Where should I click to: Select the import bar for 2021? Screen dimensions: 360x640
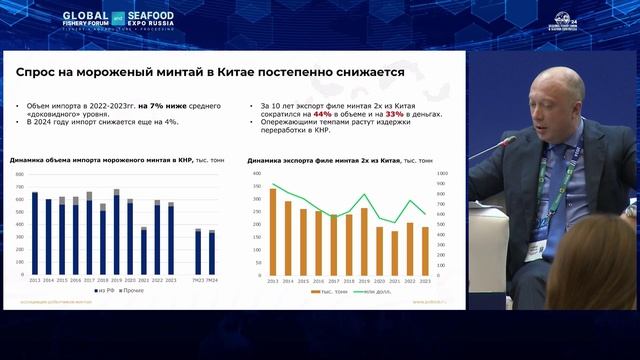pos(143,251)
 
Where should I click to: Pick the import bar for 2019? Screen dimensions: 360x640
pos(116,233)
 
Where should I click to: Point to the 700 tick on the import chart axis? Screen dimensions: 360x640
pos(19,174)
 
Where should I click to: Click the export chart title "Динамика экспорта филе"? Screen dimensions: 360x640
pos(300,160)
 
